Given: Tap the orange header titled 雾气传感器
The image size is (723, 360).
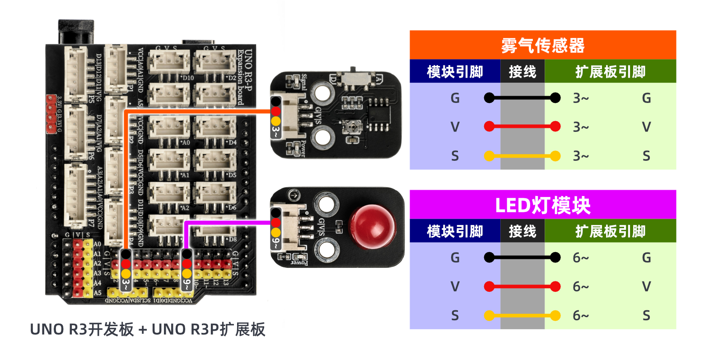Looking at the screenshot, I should click(x=542, y=45).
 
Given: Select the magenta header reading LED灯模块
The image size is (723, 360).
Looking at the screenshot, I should click(x=542, y=205).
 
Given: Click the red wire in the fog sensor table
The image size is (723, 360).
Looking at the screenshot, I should click(x=522, y=126).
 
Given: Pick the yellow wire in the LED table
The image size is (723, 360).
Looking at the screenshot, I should click(x=522, y=315).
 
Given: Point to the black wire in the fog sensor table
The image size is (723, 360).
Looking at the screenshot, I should click(x=522, y=98).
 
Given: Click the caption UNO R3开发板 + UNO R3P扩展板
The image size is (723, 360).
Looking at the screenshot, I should click(x=147, y=329).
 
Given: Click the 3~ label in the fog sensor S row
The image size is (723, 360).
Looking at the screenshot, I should click(x=581, y=156).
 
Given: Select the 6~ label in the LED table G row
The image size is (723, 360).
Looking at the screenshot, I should click(x=581, y=258).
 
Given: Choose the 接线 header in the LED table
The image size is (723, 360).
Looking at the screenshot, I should click(x=522, y=231).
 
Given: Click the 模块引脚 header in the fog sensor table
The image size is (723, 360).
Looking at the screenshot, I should click(x=455, y=71).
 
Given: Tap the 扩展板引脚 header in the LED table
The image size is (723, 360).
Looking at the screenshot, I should click(x=610, y=231).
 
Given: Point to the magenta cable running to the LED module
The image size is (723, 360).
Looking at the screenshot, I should click(x=226, y=222).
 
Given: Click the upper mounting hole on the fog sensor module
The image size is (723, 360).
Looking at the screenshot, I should click(x=322, y=93).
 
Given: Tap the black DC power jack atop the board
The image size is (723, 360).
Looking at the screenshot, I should click(x=76, y=32).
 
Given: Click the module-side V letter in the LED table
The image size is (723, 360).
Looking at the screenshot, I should click(x=455, y=286).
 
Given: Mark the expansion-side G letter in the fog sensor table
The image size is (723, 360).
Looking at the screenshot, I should click(x=646, y=98).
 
